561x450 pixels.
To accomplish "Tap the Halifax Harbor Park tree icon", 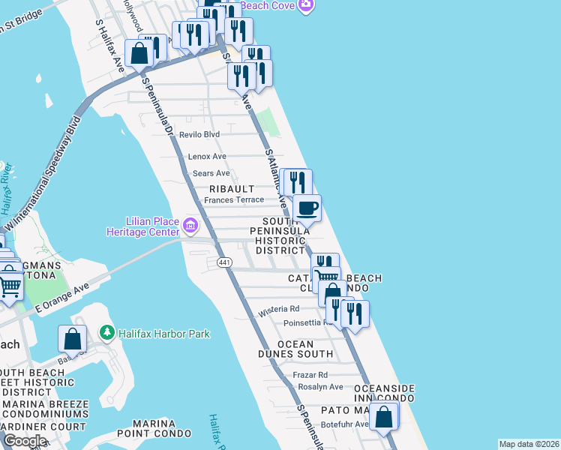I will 107,333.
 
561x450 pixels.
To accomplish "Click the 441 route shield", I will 224,262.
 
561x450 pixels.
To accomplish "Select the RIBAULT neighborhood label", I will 232,189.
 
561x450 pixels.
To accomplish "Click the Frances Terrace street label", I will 234,200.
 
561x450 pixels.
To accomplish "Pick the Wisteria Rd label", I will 278,308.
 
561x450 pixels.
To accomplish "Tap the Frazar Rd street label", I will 311,374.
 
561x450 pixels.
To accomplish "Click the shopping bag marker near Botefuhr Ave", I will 383,416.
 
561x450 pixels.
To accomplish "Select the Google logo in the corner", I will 24,441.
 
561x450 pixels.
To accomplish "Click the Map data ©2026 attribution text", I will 529,444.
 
